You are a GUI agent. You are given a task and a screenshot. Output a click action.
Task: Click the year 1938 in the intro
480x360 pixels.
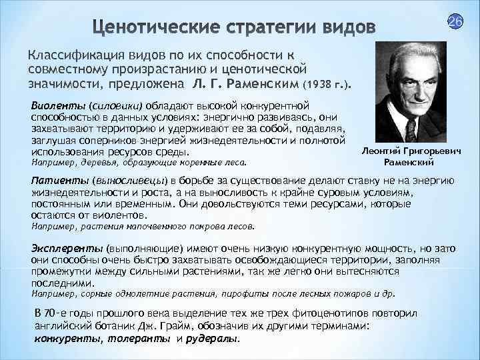[x=317, y=86]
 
